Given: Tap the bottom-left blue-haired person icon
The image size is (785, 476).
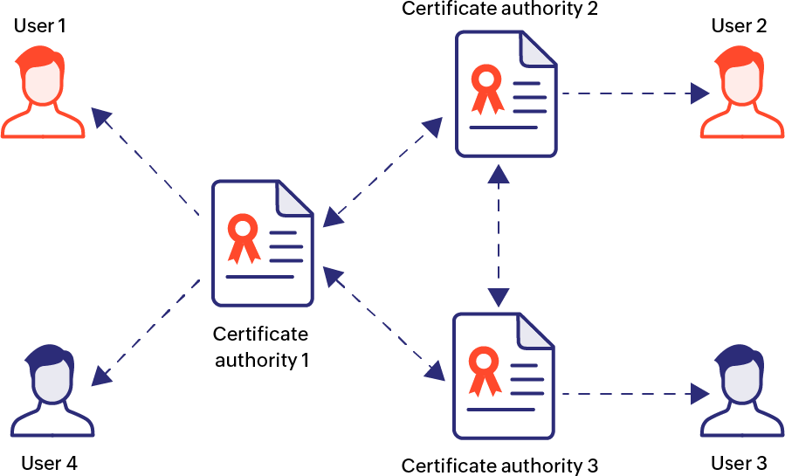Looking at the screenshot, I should point(52,390).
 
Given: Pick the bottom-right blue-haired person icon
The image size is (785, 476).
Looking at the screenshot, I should point(741,390).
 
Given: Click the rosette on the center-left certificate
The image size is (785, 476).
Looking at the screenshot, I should point(244,236).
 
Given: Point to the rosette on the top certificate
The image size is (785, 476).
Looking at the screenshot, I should point(486,86).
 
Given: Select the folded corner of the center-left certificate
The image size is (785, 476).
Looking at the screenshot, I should point(295,197).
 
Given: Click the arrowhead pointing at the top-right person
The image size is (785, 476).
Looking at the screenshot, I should point(700,93).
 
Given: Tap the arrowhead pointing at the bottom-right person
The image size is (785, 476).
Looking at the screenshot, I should point(700,394).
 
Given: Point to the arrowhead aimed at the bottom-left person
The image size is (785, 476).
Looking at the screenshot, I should point(101,376).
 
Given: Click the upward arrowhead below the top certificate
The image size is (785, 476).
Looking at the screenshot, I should point(499,173).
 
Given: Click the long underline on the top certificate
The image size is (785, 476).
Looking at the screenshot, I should point(503,128).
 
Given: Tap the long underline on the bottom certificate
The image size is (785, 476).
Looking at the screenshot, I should point(501,409).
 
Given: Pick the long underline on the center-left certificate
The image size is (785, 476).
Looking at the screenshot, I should point(259,277).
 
